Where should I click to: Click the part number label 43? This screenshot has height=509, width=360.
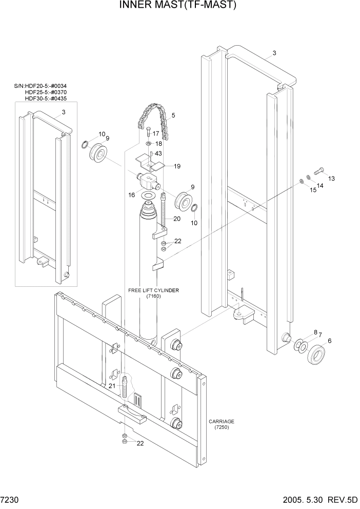158,153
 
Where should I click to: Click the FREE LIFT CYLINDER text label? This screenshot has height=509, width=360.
153,290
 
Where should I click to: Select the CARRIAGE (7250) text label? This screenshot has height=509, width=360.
222,424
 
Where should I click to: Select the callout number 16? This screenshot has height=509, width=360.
132,195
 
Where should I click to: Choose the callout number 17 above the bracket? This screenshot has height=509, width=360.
156,134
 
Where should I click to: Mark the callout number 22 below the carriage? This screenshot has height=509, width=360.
139,444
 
